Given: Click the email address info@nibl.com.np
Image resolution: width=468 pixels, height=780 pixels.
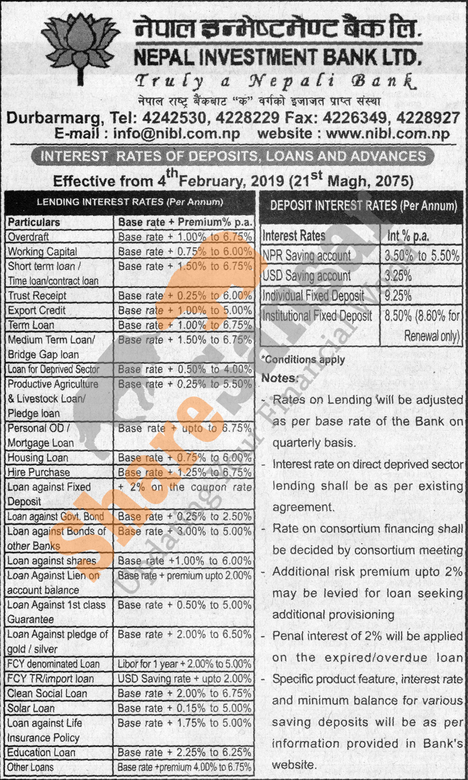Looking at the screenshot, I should pos(176,134).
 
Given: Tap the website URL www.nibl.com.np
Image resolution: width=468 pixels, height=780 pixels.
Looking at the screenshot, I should pos(388,134).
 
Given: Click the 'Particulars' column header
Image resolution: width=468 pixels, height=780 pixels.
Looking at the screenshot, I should pos(34,222).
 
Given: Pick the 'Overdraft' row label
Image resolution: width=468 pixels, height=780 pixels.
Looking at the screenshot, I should pos(28,237).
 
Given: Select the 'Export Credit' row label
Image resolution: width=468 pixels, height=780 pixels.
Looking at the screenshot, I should pos(37,310).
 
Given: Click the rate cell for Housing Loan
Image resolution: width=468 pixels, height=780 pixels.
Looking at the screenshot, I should pos(185,458).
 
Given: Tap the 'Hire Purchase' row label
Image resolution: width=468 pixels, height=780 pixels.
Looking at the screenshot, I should pos(39,472).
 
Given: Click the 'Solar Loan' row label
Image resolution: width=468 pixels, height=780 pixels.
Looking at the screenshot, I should pos(31,708).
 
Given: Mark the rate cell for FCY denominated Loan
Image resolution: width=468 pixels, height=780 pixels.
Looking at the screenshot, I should pos(184,664).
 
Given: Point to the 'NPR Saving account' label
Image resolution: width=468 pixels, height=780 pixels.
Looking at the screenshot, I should pos(306,256).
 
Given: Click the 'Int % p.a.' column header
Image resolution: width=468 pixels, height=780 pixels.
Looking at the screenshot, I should pos(408,236).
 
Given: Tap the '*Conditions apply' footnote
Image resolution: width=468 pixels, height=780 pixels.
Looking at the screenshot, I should pos(303,359).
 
